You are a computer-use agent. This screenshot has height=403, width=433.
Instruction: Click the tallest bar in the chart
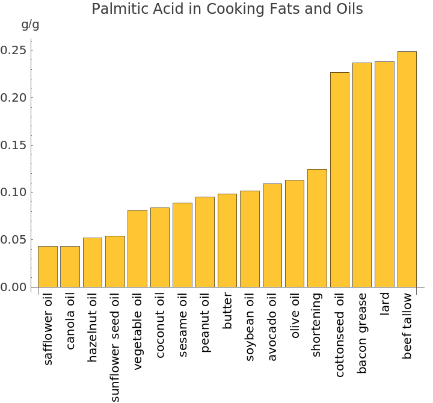pyautogui.click(x=407, y=169)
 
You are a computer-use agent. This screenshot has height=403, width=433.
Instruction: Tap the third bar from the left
pyautogui.click(x=93, y=262)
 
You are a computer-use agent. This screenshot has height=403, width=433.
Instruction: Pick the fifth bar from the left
pyautogui.click(x=137, y=248)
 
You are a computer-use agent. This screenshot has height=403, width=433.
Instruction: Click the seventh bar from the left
pyautogui.click(x=182, y=245)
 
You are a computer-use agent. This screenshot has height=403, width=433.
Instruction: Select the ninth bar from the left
pyautogui.click(x=227, y=240)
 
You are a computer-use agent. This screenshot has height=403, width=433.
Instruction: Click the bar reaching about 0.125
pyautogui.click(x=317, y=228)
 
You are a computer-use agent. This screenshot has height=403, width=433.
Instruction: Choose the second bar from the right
pyautogui.click(x=384, y=174)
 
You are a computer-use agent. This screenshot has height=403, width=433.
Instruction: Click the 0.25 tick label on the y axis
pyautogui.click(x=13, y=51)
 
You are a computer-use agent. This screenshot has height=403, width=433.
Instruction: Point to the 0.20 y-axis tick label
pyautogui.click(x=13, y=98)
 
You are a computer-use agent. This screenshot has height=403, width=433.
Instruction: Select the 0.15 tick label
pyautogui.click(x=13, y=145)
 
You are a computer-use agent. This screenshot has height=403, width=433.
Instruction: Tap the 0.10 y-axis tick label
pyautogui.click(x=13, y=192)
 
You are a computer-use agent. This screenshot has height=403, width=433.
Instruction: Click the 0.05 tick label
pyautogui.click(x=13, y=240)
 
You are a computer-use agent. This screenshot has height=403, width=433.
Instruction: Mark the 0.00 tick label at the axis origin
pyautogui.click(x=13, y=288)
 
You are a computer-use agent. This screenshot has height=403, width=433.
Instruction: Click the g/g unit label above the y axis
pyautogui.click(x=30, y=25)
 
